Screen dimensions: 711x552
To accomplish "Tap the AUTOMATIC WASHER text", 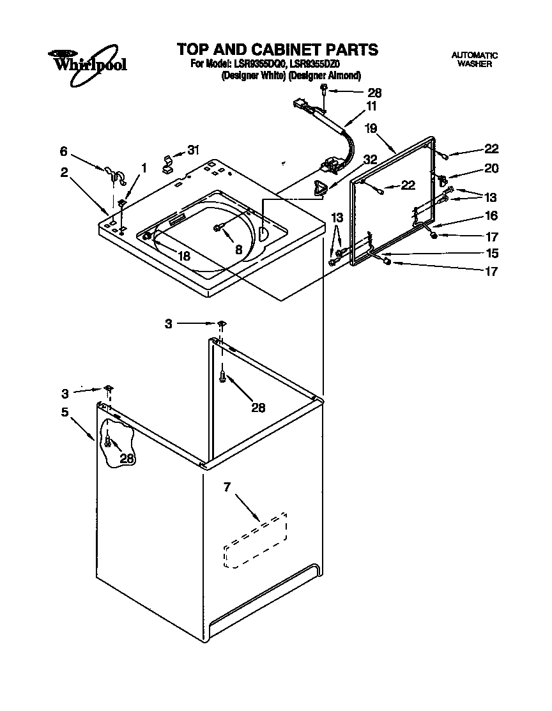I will click(x=474, y=59).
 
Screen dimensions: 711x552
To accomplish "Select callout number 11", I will click(x=371, y=106).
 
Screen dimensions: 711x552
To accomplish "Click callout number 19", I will click(x=371, y=128).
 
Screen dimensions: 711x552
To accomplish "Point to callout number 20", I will click(x=491, y=169).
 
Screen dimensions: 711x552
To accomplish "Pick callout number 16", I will click(x=491, y=216).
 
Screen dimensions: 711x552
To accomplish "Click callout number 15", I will click(x=491, y=252).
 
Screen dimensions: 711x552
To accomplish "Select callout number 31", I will click(x=193, y=150).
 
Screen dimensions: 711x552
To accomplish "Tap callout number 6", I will click(x=63, y=151).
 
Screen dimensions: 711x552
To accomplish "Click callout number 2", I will click(x=64, y=172).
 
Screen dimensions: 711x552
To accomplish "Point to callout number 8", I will click(x=238, y=250).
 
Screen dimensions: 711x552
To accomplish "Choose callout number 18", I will click(x=184, y=256).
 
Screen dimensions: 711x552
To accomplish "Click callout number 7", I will click(x=226, y=488).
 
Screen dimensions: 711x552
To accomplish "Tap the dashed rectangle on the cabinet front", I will click(x=256, y=540).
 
